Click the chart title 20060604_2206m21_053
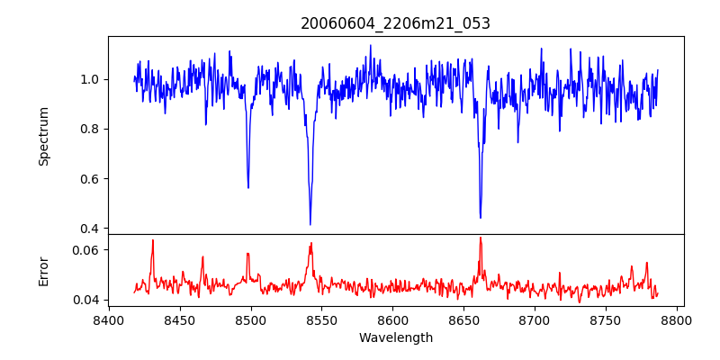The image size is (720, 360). [395, 23]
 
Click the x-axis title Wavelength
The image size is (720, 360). [395, 338]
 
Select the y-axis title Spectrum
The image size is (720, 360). [43, 136]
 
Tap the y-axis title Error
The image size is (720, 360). [43, 271]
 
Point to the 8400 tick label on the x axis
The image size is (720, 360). [108, 319]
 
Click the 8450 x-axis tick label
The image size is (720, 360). [179, 319]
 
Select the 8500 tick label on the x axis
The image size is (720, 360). [250, 319]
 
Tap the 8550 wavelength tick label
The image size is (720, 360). [321, 319]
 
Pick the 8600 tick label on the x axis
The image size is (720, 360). [392, 319]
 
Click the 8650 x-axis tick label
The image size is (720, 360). [463, 319]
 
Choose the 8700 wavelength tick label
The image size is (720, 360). [535, 319]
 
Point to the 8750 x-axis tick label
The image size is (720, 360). [606, 319]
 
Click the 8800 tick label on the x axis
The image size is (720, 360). [677, 319]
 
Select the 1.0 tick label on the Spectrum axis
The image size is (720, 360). [90, 79]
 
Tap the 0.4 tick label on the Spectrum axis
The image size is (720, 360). [90, 229]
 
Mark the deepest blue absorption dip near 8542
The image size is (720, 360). [310, 224]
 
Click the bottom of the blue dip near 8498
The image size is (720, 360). [248, 187]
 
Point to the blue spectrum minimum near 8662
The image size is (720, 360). [481, 217]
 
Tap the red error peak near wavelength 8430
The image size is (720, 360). [153, 240]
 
